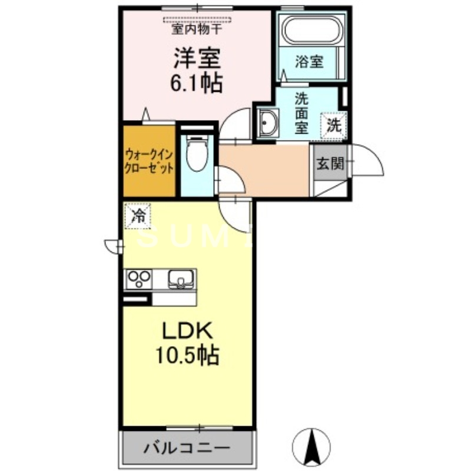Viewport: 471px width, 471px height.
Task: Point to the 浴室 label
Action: [309, 62]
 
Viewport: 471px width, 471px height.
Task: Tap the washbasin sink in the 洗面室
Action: [270, 122]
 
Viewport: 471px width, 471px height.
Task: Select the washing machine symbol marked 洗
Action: [334, 124]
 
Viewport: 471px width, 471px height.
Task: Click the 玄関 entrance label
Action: [330, 164]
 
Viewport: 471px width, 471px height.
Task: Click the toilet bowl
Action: [195, 154]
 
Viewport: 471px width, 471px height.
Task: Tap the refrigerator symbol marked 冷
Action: [138, 215]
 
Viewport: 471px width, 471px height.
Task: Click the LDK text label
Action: [187, 331]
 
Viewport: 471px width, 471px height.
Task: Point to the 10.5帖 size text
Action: [187, 355]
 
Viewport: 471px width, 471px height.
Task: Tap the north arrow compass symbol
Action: [311, 445]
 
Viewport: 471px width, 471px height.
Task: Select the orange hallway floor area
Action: [265, 171]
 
